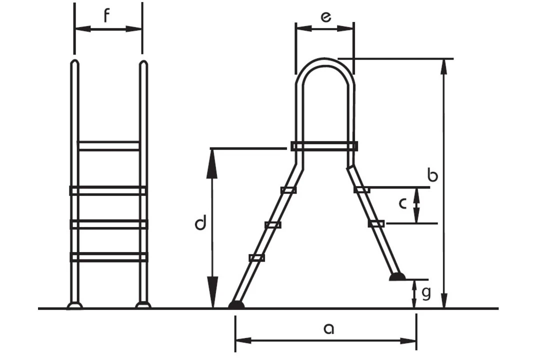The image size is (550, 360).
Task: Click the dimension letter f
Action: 106,16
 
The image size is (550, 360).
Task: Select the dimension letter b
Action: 433,175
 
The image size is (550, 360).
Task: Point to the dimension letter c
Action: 403,203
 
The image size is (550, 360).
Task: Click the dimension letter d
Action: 200,224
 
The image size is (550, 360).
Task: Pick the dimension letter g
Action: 426,293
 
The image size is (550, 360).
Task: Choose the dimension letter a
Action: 328,328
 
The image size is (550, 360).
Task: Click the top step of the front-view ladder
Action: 108,145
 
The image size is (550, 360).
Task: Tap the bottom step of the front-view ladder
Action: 108,257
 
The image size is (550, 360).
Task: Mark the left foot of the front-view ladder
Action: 74,305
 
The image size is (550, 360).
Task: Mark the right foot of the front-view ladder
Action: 143,305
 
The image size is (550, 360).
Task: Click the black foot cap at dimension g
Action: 398,276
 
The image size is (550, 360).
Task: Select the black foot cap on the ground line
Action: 236,304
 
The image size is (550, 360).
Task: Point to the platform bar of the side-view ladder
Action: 324,146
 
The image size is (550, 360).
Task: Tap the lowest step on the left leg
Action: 256,257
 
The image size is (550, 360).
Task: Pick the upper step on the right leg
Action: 361,189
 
